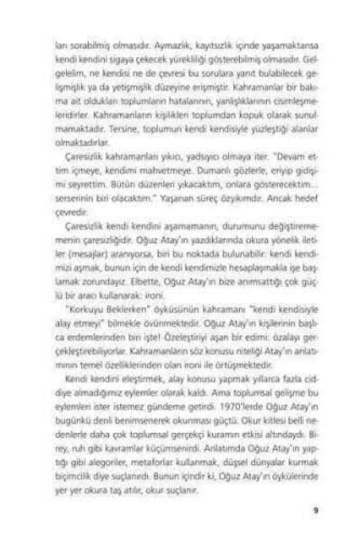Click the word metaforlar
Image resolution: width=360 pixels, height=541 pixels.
tap(153, 461)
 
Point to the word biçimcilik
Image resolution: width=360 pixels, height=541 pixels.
tap(71, 474)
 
